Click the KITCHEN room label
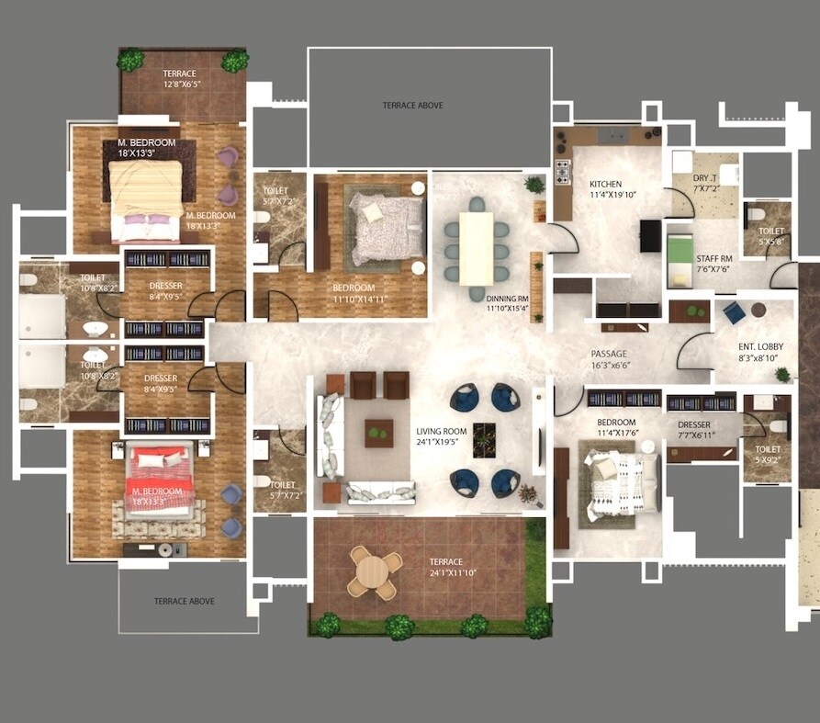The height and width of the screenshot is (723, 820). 606,184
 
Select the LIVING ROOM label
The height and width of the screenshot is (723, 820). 441,431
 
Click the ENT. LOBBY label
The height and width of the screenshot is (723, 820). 758,346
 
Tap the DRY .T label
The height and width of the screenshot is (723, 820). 705,178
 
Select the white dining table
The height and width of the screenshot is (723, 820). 476,248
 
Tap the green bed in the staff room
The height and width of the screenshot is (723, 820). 679,249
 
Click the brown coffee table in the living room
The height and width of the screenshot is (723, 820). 378,433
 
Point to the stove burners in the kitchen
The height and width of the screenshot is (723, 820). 561,171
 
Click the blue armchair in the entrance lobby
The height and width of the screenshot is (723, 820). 734,313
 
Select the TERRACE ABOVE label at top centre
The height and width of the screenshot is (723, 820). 412,106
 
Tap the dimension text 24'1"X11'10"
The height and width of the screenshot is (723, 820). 446,572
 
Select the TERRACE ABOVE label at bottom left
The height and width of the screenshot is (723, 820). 184,601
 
